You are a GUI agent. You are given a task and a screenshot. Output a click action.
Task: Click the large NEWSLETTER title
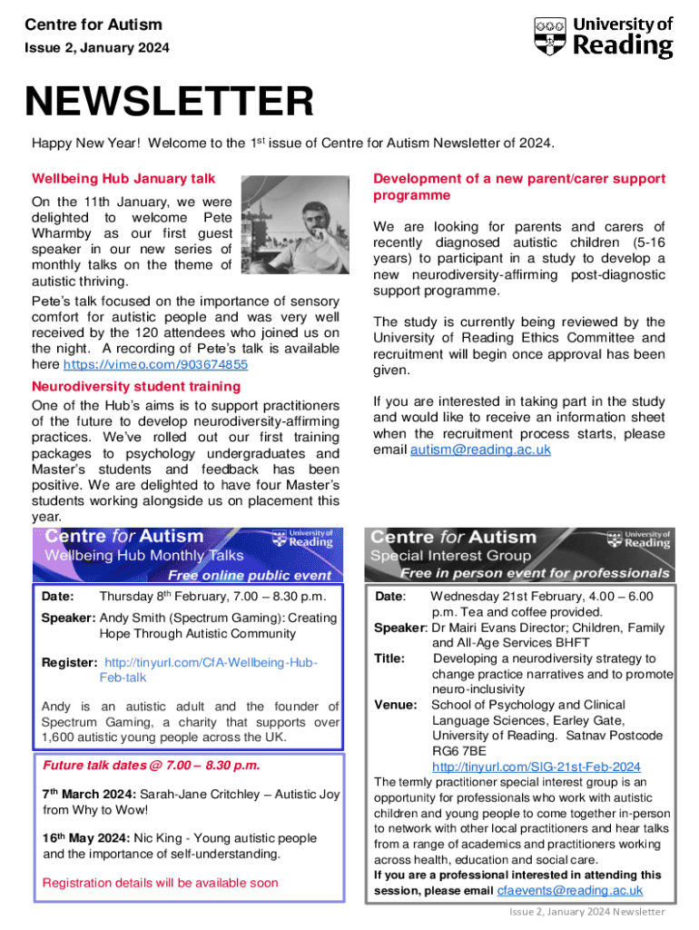(169, 102)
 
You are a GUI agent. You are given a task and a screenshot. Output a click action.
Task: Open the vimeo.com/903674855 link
(155, 364)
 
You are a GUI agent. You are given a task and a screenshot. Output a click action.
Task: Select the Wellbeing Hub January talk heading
(123, 179)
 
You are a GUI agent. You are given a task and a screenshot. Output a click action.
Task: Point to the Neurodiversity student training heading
(135, 386)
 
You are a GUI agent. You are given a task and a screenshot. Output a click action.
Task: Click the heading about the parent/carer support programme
(518, 187)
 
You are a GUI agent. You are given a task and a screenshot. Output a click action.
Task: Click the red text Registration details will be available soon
(161, 882)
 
